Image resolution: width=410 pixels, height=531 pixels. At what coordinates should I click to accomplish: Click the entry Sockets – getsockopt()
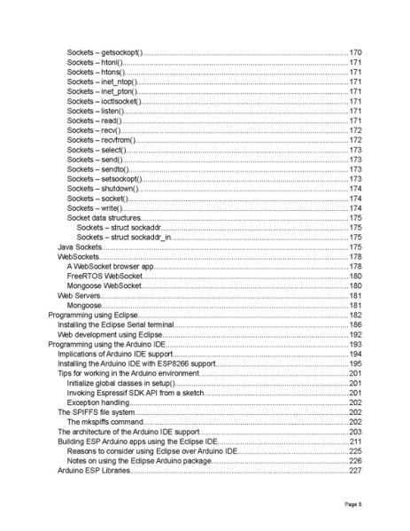point(104,54)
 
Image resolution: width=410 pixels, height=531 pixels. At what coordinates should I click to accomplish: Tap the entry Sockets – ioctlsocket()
point(104,102)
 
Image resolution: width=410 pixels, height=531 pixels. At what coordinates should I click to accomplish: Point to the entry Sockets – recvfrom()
point(101,140)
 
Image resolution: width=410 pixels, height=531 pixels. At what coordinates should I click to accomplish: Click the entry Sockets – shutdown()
point(103,189)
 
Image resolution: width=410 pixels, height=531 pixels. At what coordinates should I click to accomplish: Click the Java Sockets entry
point(79,246)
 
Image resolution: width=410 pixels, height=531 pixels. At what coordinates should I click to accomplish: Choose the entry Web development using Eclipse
point(110,334)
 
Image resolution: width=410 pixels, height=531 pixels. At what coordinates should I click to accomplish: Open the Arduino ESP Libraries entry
point(94,470)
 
